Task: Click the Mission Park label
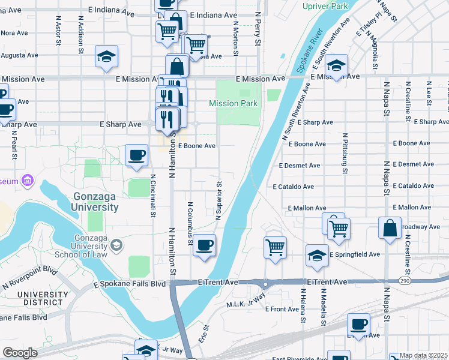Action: tap(233, 103)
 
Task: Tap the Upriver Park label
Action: tap(326, 6)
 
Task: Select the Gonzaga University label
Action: tap(96, 202)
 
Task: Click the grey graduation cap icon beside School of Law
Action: tap(116, 245)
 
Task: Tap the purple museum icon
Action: tap(26, 180)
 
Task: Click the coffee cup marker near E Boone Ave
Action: tap(136, 155)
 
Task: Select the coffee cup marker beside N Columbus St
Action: tap(205, 245)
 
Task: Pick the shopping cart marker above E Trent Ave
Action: tap(275, 246)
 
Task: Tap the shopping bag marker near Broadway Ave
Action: tap(390, 228)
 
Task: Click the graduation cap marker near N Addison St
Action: tap(106, 56)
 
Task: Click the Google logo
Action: tap(20, 353)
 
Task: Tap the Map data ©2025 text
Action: tap(424, 355)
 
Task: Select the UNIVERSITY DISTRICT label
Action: tap(40, 298)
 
